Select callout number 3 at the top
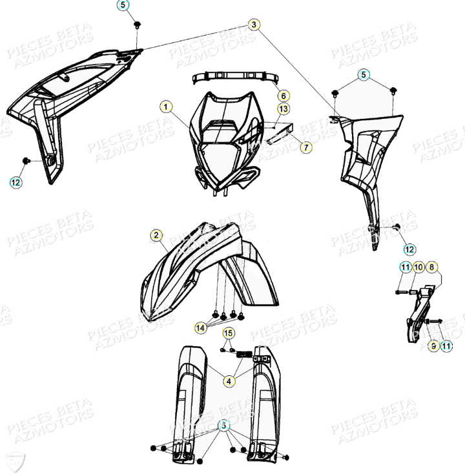click(x=254, y=25)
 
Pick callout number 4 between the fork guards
click(x=229, y=380)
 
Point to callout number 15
click(x=228, y=333)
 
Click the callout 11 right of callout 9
click(x=446, y=346)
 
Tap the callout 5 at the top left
click(x=123, y=5)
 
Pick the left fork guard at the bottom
click(x=190, y=400)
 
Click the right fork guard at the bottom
click(x=265, y=400)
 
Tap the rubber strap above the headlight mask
click(x=235, y=78)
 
